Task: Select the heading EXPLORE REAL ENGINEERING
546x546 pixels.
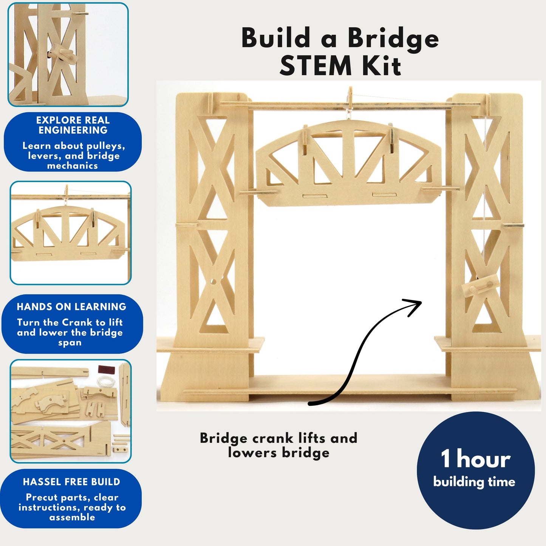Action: pyautogui.click(x=73, y=125)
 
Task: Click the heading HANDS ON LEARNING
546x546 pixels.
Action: pyautogui.click(x=71, y=306)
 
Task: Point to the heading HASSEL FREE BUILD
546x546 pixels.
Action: pyautogui.click(x=71, y=482)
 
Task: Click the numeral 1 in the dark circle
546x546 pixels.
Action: pyautogui.click(x=446, y=459)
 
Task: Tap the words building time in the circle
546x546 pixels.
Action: pyautogui.click(x=474, y=482)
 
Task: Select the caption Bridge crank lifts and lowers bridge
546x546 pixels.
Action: pyautogui.click(x=278, y=445)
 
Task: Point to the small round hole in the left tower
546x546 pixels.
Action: pyautogui.click(x=213, y=282)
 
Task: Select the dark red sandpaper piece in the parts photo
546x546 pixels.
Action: pyautogui.click(x=104, y=369)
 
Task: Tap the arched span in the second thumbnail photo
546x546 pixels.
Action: pyautogui.click(x=68, y=232)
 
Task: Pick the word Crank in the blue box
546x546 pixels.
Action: pyautogui.click(x=77, y=322)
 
